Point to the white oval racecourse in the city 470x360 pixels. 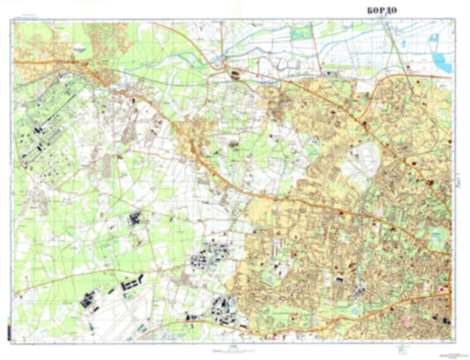pyautogui.click(x=362, y=160)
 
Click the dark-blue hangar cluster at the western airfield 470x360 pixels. pyautogui.click(x=40, y=132)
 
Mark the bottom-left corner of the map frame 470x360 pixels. pyautogui.click(x=14, y=340)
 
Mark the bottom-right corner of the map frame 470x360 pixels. pyautogui.click(x=455, y=340)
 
